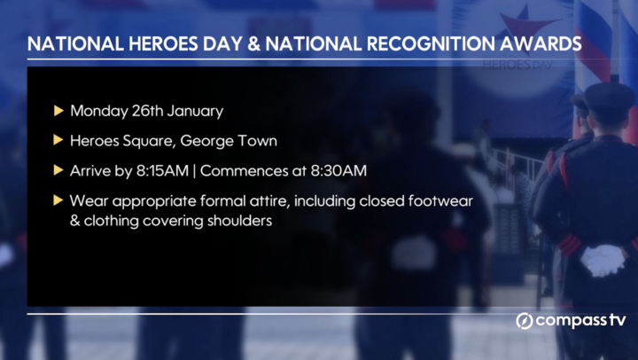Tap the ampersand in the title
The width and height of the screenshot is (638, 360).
(x=253, y=43)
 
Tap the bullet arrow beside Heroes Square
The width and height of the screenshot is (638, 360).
(x=58, y=140)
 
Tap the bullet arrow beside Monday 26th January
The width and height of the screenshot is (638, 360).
(x=58, y=111)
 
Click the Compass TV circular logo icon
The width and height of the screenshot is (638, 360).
(x=524, y=321)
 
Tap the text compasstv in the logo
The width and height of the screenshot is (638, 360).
(x=580, y=321)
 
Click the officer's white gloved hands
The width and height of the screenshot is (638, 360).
(x=603, y=259)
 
